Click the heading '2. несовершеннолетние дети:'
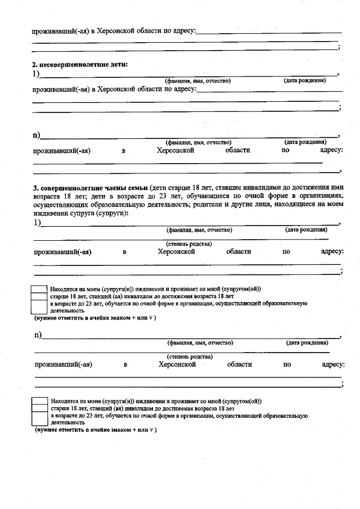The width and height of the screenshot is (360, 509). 80,65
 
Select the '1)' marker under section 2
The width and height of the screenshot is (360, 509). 36,73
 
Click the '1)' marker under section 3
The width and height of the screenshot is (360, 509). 37,222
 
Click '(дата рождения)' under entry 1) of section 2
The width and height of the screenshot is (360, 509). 304,81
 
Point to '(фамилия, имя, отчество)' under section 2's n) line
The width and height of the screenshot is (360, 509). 198,143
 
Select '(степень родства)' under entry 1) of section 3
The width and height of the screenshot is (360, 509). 188,244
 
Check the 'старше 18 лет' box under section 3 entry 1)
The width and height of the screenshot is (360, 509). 39,296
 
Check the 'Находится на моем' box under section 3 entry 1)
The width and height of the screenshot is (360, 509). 39,289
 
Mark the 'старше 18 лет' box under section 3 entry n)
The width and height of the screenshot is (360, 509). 39,409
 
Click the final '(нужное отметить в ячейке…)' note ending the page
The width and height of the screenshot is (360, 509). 95,430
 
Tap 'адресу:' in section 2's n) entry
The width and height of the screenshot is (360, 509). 331,150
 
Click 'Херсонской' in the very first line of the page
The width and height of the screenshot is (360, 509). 118,31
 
